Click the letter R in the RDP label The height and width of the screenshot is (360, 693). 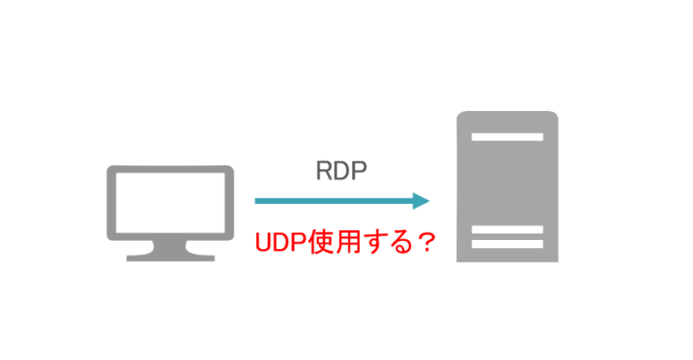click(323, 171)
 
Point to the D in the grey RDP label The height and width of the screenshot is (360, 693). click(340, 171)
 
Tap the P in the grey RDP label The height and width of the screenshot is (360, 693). click(358, 171)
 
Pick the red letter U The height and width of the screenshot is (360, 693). click(264, 242)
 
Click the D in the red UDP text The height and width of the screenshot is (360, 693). click(282, 242)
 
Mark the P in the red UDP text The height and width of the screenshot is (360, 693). click(299, 242)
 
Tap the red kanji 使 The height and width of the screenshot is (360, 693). click(319, 242)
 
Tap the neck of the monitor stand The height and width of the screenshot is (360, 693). click(170, 245)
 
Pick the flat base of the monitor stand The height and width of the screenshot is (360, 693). click(170, 257)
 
